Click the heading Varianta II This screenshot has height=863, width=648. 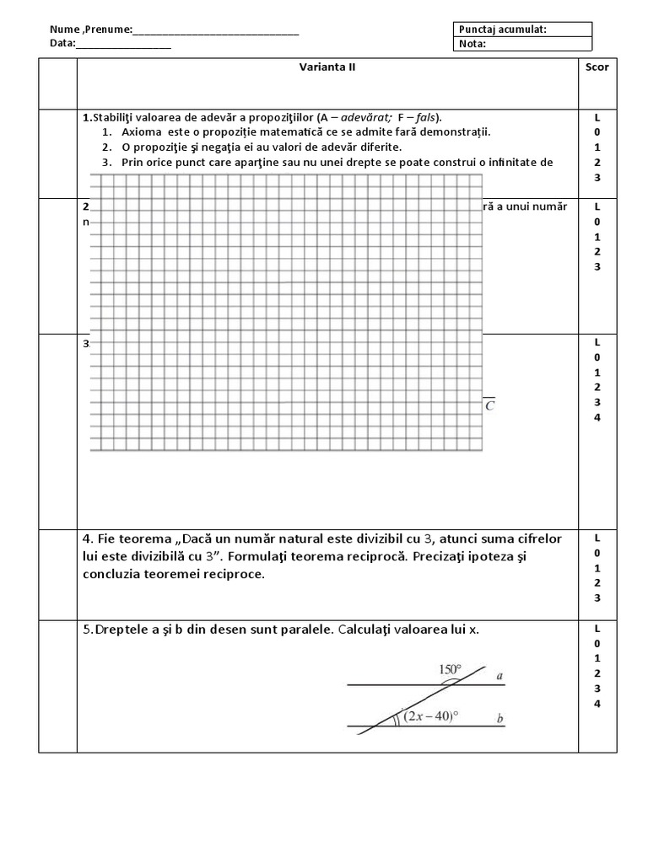pos(328,67)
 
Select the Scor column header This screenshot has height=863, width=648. pos(597,67)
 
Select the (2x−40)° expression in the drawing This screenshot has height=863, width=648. pos(430,716)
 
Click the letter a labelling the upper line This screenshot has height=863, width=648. pos(499,675)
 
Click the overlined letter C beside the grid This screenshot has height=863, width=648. pos(489,405)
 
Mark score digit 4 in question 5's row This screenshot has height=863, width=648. pos(597,704)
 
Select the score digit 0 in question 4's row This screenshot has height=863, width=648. pos(597,552)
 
